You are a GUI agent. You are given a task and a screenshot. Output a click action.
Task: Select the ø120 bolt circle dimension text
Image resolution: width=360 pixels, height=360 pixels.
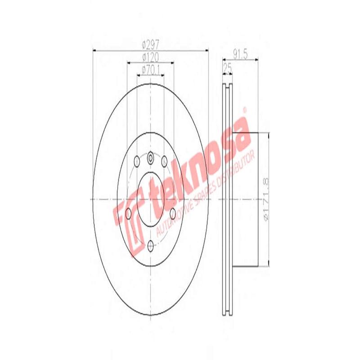151,57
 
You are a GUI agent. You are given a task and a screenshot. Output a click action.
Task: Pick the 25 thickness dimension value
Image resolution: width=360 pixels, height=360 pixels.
227,67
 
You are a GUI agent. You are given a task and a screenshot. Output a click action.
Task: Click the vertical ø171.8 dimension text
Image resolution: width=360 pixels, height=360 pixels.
265,199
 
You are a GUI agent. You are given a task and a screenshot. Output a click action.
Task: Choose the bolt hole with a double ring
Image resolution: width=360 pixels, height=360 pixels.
151,157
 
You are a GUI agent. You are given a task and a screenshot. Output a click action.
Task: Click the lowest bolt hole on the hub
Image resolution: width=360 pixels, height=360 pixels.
151,245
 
